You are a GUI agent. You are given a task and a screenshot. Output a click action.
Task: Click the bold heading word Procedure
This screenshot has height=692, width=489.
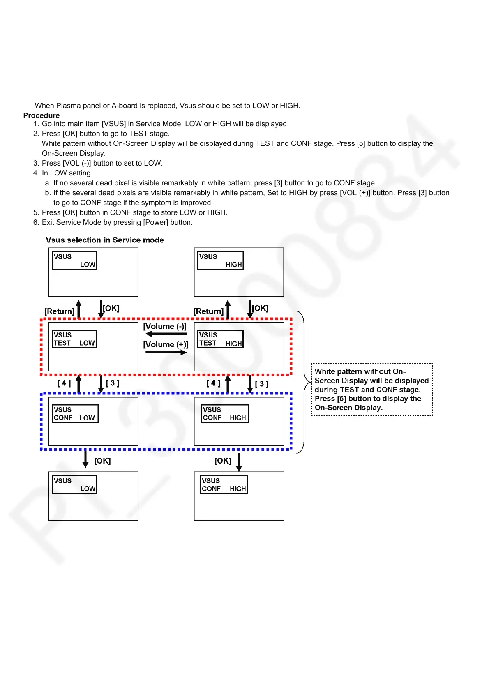(x=42, y=115)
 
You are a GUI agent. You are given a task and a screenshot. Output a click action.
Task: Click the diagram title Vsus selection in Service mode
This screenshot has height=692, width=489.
(x=105, y=240)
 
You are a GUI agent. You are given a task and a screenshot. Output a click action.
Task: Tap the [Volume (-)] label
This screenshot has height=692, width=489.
(x=165, y=326)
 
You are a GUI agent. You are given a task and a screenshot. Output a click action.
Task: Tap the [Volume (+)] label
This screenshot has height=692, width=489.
(x=166, y=344)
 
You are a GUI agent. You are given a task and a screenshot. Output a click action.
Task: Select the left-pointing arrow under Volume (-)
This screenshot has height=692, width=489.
(x=166, y=334)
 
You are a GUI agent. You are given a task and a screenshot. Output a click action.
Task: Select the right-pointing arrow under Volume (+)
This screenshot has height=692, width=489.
(x=166, y=353)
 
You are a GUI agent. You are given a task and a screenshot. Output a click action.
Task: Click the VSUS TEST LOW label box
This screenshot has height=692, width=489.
(x=74, y=339)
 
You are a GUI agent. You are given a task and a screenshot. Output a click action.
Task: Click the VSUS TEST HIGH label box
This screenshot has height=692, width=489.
(x=220, y=339)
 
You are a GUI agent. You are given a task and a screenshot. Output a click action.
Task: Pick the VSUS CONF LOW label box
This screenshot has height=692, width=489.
(x=75, y=414)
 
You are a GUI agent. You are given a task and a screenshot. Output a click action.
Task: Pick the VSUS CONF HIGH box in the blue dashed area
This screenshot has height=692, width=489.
(x=225, y=414)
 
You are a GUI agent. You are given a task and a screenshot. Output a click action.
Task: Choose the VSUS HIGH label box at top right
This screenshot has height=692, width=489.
(x=220, y=261)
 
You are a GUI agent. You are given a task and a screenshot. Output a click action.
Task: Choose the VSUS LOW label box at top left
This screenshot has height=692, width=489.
(x=74, y=261)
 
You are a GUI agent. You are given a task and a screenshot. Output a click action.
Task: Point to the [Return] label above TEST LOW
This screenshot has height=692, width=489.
(x=60, y=311)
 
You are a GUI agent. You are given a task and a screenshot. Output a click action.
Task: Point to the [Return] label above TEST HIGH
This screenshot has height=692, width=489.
(x=209, y=311)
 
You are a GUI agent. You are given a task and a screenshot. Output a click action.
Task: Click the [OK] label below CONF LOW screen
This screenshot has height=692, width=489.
(x=102, y=461)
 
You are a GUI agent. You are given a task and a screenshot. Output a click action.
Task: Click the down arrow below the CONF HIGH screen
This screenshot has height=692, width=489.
(x=239, y=462)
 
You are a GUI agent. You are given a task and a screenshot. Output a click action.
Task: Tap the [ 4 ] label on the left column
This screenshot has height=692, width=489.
(x=64, y=383)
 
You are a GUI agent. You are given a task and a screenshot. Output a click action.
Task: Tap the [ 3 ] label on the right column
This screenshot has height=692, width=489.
(x=262, y=384)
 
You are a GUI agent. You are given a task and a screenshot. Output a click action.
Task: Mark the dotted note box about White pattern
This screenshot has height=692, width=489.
(x=372, y=390)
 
